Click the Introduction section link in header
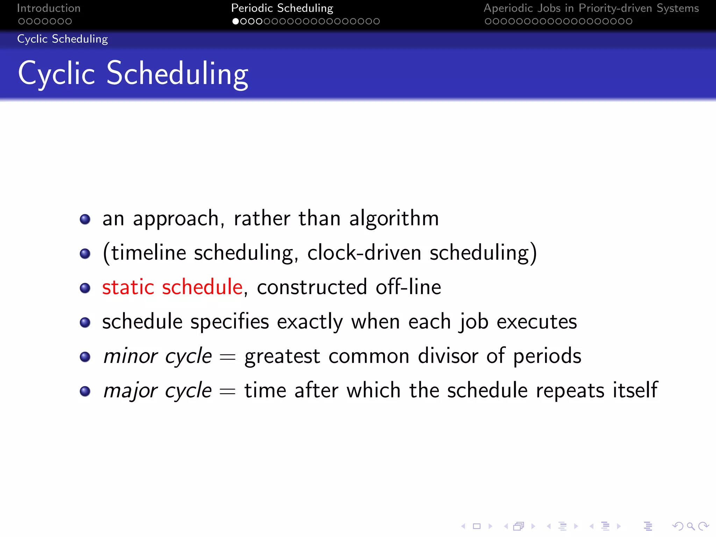pos(49,8)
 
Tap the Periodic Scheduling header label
pos(282,8)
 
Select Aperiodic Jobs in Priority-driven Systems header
pos(591,8)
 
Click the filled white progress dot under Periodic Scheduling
pos(236,21)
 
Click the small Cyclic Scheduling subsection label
pos(63,39)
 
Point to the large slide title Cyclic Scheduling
pos(133,73)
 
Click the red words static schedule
pos(172,287)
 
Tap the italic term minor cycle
pos(158,356)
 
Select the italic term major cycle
pos(158,391)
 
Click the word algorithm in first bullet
pos(394,219)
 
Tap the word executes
pos(537,322)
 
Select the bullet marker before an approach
pos(85,220)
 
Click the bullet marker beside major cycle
pos(85,391)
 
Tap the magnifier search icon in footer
pos(690,526)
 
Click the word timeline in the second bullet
pos(149,253)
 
